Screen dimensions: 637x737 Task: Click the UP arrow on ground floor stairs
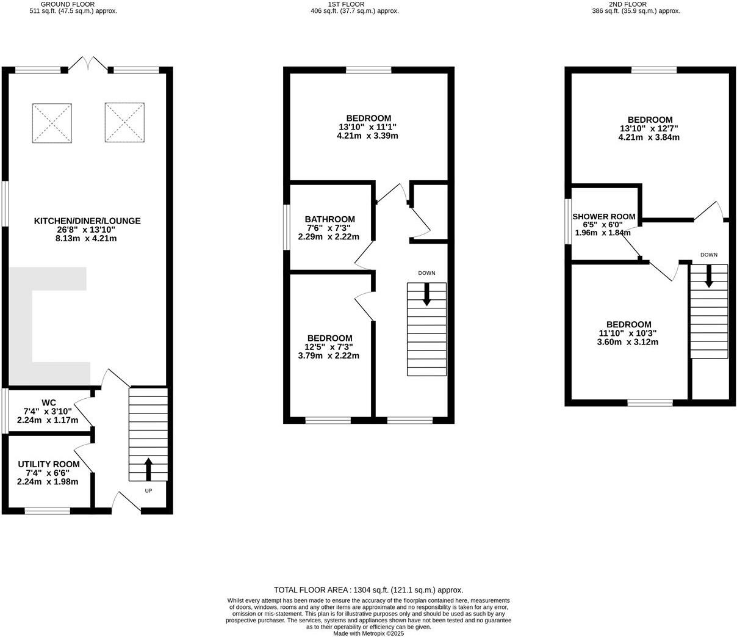point(148,469)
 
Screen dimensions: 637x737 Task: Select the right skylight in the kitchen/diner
point(125,122)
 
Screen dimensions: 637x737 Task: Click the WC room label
point(49,402)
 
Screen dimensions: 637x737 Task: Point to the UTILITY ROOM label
point(48,464)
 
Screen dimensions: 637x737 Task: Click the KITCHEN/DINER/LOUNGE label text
point(87,221)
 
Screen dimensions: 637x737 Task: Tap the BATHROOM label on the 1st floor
point(329,219)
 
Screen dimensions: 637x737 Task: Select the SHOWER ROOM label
point(603,217)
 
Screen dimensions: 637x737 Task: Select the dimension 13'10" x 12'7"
point(649,129)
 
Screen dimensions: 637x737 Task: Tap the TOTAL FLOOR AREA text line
point(368,590)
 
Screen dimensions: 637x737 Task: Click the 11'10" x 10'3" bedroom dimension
point(628,333)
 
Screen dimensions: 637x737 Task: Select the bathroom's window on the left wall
point(287,227)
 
